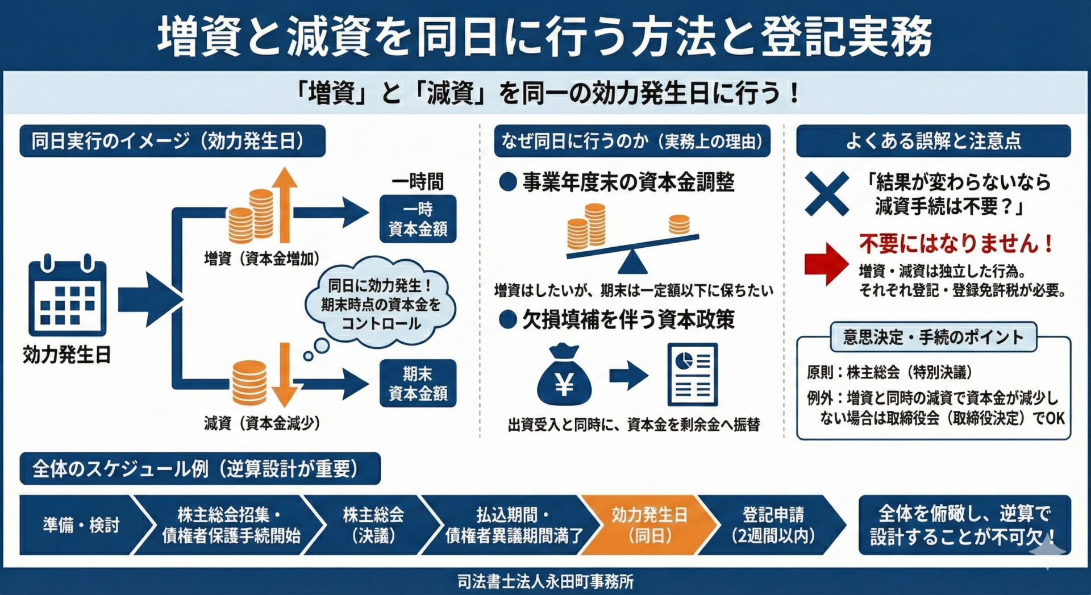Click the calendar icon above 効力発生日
67,297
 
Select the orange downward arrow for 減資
284,375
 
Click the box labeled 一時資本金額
418,219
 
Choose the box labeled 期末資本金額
418,383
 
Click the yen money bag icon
564,376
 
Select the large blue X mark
827,194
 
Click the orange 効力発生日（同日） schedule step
649,525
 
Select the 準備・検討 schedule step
80,525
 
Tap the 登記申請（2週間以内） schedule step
773,525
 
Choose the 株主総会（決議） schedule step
373,525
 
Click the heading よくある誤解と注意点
933,141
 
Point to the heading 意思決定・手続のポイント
933,337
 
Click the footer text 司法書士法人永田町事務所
545,581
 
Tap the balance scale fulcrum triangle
632,263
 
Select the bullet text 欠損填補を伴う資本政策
628,320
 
